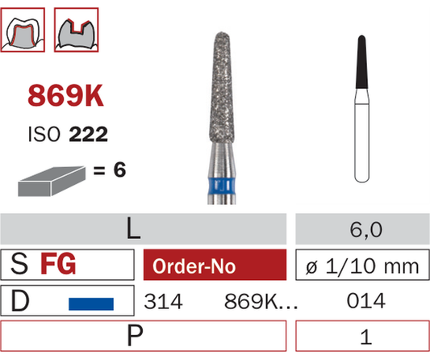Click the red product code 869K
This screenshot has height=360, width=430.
pyautogui.click(x=65, y=95)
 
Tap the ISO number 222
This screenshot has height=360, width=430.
pyautogui.click(x=88, y=134)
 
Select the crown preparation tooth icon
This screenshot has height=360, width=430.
pyautogui.click(x=23, y=30)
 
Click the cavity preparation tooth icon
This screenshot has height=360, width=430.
pyautogui.click(x=76, y=30)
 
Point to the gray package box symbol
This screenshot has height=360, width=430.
pyautogui.click(x=52, y=181)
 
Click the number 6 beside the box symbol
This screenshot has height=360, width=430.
pyautogui.click(x=120, y=170)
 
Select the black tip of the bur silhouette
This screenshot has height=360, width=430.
pyautogui.click(x=361, y=62)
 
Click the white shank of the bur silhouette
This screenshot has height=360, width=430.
pyautogui.click(x=361, y=136)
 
